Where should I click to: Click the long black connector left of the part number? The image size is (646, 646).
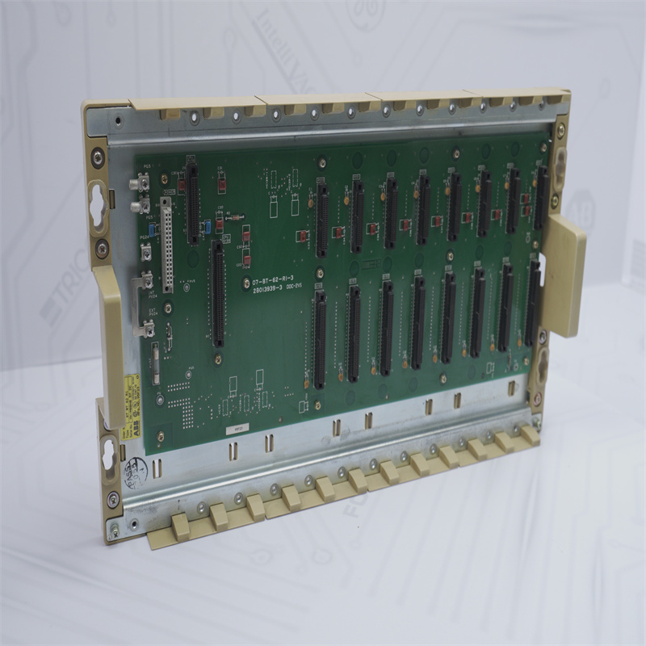point(218,295)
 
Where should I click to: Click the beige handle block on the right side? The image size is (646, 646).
point(564,275)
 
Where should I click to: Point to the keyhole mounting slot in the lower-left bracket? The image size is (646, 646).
point(108,456)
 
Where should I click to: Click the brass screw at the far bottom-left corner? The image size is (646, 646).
point(114,530)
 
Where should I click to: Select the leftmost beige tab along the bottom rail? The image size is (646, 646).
point(179,526)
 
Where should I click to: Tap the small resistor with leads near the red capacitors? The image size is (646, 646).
point(234,217)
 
